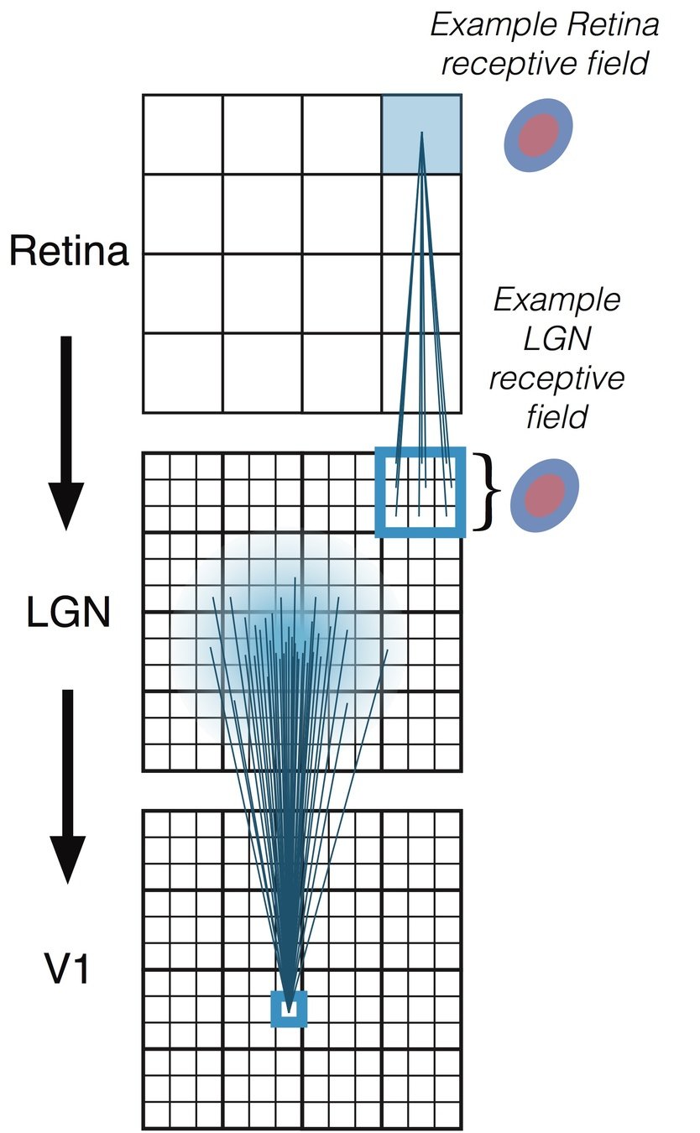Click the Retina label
(x=69, y=251)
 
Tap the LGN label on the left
(x=69, y=613)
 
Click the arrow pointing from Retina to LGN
(x=66, y=432)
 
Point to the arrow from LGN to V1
(x=67, y=785)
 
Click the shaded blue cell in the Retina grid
(x=421, y=134)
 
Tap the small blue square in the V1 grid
(x=289, y=1009)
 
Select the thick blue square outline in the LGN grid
(x=420, y=492)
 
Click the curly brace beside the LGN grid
(x=484, y=492)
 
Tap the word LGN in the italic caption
(x=556, y=338)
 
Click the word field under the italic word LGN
(x=556, y=415)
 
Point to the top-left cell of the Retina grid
(x=182, y=134)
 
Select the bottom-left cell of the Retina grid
(x=182, y=373)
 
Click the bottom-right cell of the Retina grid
(x=421, y=373)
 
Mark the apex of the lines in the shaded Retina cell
(x=421, y=132)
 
